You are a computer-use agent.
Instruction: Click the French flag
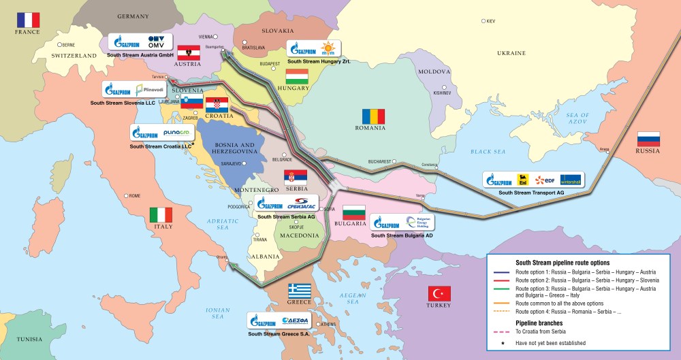[28, 20]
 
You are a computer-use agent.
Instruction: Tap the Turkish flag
[439, 293]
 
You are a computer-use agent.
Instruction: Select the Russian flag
[649, 139]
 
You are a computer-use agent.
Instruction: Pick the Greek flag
[300, 291]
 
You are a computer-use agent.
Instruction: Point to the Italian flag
[161, 215]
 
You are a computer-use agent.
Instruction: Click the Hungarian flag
[297, 76]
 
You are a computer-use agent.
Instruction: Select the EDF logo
[544, 180]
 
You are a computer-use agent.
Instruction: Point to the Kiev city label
[490, 21]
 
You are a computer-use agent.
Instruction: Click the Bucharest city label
[376, 161]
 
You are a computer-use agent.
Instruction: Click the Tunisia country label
[29, 338]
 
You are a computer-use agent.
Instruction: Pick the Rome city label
[134, 195]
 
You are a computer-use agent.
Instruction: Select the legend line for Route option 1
[502, 272]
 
